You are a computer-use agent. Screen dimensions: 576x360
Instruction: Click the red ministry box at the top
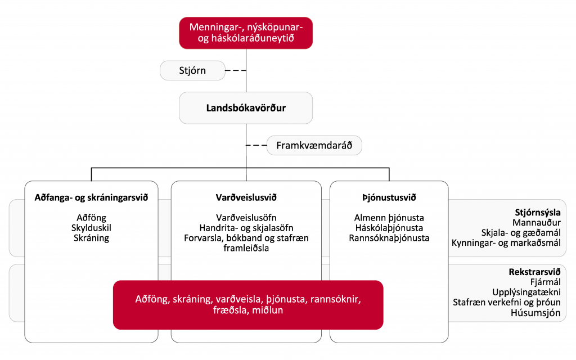[246, 33]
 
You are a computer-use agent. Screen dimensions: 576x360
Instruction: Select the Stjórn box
[192, 70]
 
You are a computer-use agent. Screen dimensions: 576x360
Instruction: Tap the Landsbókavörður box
[246, 108]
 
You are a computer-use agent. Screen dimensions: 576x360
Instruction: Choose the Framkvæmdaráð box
[314, 146]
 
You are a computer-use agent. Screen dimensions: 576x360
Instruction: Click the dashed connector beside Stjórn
[236, 70]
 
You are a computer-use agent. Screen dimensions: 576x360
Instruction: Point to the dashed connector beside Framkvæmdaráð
[256, 146]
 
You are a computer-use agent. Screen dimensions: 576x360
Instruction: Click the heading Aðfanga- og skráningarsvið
[92, 197]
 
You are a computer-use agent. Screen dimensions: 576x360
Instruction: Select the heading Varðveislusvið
[246, 197]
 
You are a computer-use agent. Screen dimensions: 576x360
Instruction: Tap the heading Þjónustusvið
[389, 197]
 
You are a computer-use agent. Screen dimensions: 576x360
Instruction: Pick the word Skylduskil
[92, 228]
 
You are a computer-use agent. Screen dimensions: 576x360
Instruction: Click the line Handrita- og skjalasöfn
[246, 228]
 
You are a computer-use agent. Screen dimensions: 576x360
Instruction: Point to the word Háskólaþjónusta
[389, 228]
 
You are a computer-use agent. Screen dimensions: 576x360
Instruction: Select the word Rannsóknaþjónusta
[389, 238]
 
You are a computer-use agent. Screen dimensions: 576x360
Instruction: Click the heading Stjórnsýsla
[538, 212]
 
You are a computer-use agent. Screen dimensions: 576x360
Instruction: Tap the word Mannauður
[537, 223]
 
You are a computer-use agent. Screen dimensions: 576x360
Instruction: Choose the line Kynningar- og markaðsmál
[506, 243]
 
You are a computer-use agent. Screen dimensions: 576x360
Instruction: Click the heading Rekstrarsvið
[535, 272]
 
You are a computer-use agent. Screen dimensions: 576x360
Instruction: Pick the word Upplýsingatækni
[526, 292]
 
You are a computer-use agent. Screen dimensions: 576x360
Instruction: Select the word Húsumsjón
[535, 313]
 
